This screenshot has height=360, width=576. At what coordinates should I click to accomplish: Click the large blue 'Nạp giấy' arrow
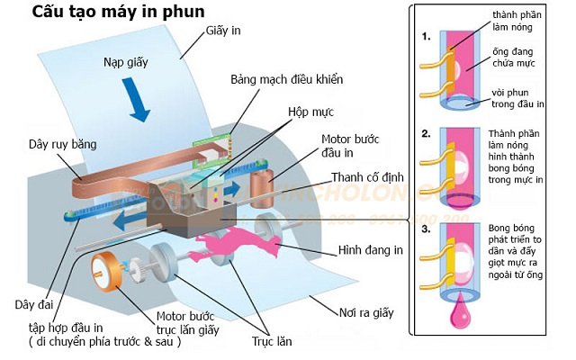(x=137, y=102)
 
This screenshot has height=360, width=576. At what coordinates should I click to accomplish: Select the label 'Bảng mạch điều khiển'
(x=285, y=79)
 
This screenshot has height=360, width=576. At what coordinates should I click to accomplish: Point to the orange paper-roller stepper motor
(x=107, y=269)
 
